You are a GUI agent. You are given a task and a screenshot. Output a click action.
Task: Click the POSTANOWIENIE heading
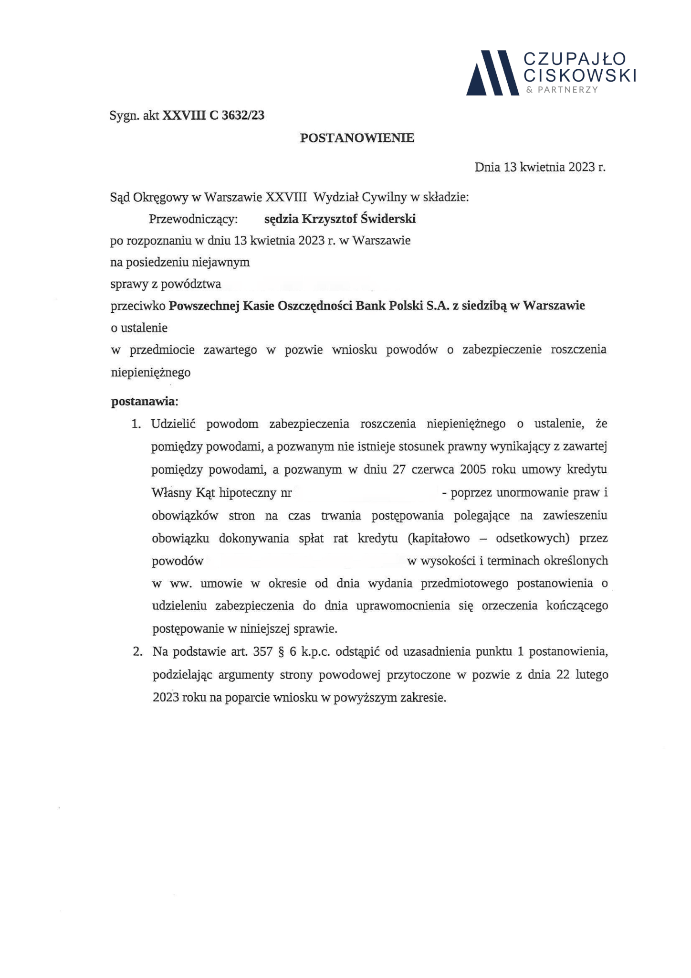click(x=357, y=138)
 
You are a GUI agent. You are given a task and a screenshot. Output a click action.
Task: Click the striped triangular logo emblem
click(x=492, y=73)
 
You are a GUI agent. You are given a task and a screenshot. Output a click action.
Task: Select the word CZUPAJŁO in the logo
click(x=575, y=59)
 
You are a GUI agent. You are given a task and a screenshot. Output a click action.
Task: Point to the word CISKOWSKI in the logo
click(x=580, y=75)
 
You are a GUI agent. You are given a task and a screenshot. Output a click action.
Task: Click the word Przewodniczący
click(x=193, y=219)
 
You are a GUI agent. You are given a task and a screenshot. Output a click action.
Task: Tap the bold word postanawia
click(x=143, y=401)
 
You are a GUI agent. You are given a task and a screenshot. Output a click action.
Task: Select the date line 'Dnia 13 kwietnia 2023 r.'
click(x=540, y=167)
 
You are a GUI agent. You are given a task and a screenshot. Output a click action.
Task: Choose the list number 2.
click(x=137, y=652)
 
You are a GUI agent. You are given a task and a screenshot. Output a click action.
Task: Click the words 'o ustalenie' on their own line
click(x=139, y=328)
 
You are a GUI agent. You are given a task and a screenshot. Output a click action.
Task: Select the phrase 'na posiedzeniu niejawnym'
click(x=180, y=262)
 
